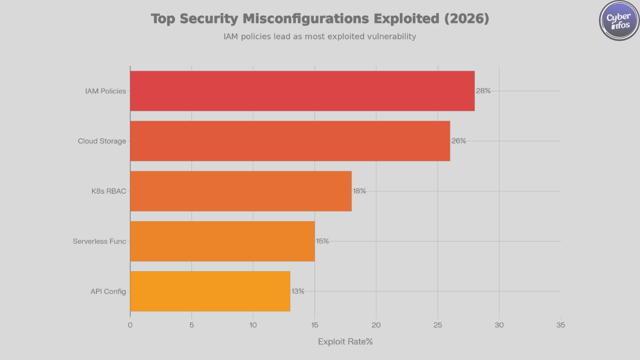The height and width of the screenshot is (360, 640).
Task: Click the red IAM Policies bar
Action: point(302,91)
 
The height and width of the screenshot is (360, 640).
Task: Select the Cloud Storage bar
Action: point(290,141)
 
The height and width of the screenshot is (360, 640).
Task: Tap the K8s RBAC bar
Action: point(240,191)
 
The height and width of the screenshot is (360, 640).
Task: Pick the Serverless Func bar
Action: point(222,241)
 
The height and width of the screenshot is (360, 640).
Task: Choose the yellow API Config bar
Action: point(210,291)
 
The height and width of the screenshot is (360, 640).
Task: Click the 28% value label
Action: point(483,91)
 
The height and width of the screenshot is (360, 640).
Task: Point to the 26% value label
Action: point(458,141)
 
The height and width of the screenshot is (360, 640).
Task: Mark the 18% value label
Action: point(359,191)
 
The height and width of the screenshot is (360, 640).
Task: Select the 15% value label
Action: point(322,241)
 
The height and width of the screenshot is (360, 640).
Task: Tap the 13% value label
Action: point(298,291)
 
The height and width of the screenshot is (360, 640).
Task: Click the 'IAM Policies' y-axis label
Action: point(105,91)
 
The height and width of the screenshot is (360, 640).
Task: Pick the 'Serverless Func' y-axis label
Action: point(99,241)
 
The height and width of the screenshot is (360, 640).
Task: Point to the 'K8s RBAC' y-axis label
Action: point(108,191)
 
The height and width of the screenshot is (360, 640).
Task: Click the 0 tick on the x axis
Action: point(130,325)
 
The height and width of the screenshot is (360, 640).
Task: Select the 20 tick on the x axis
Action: point(376,325)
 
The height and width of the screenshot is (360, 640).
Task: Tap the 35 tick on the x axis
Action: point(560,325)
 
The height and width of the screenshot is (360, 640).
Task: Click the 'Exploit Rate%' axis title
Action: point(345,341)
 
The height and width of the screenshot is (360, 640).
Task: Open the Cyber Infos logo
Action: point(619,20)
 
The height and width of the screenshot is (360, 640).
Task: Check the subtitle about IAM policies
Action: point(319,36)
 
